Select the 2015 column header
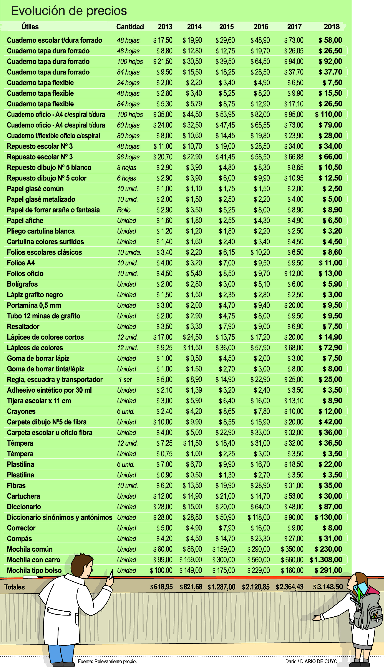226,27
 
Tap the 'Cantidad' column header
130,27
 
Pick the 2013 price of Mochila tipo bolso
161,570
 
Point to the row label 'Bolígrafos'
22,284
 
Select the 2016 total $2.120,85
256,587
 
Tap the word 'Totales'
15,587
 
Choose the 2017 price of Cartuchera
294,496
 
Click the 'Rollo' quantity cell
124,210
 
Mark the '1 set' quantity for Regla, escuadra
125,380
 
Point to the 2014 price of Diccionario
192,507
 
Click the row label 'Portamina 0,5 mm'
34,305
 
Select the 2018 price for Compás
330,539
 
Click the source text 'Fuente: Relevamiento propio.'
107,661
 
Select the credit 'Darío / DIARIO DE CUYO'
311,661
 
